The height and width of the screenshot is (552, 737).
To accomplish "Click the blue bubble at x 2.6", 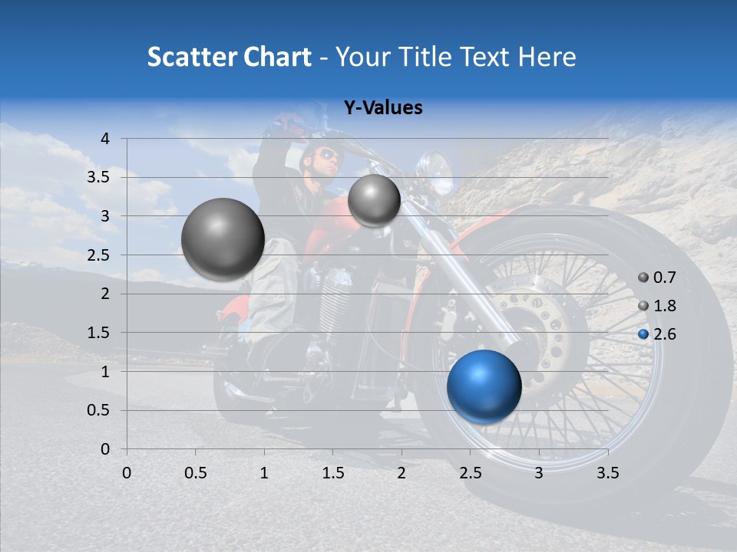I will [484, 386].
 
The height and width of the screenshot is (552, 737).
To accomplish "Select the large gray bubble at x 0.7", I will [223, 239].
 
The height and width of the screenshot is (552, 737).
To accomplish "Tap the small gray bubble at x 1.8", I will [374, 200].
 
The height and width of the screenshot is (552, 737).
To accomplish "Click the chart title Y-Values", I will [382, 108].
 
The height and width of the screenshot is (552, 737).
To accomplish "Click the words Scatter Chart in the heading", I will [229, 57].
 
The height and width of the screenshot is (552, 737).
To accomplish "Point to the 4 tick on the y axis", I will [105, 139].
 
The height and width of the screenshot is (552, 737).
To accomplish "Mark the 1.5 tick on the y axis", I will [101, 333].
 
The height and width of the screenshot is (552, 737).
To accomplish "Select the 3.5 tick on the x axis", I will [607, 473].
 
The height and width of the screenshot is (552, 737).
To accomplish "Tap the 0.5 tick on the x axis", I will [195, 473].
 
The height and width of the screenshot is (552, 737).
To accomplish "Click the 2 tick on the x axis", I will [402, 473].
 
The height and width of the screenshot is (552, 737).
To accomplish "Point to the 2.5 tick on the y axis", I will [101, 255].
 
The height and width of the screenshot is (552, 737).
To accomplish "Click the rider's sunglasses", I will [329, 156].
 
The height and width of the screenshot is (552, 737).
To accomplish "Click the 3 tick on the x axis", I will [539, 473].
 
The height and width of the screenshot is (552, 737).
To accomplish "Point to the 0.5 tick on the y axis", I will [101, 410].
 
